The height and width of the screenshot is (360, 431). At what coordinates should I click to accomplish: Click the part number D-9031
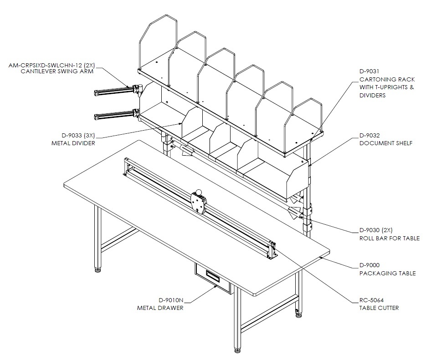coord(369,71)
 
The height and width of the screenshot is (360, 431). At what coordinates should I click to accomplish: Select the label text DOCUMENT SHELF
coord(386,143)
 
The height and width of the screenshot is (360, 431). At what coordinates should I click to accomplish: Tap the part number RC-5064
coord(371,300)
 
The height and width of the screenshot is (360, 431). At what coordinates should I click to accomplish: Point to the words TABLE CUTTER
coord(379,308)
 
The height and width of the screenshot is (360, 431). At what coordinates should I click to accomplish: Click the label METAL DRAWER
coord(160,308)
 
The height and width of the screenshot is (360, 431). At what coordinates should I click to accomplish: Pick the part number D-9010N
coord(171,300)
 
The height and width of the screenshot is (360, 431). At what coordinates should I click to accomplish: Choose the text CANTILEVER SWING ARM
coord(57,71)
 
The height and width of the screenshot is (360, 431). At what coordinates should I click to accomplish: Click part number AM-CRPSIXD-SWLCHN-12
coord(45,66)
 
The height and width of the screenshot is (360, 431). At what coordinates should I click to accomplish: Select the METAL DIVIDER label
coord(73,143)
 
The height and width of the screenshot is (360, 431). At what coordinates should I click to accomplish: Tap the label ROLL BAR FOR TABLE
coord(390,238)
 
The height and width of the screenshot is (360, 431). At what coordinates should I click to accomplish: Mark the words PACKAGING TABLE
coord(388,273)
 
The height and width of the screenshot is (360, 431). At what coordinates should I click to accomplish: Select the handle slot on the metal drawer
coord(213,275)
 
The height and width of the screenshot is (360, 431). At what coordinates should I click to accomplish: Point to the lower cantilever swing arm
coord(117,115)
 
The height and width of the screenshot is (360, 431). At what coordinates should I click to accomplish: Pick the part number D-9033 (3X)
coord(78,135)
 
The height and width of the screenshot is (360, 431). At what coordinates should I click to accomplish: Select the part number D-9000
coord(369,265)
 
